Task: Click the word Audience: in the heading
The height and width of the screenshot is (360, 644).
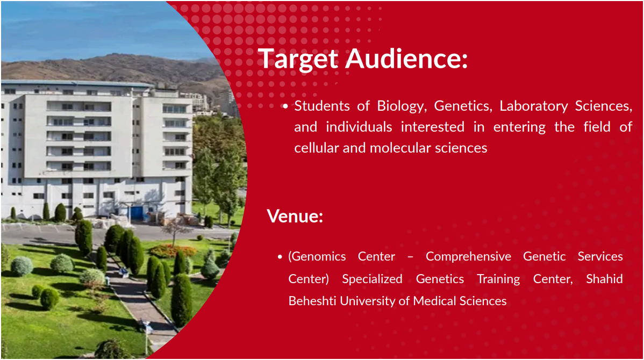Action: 406,58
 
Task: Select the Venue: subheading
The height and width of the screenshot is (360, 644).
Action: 295,216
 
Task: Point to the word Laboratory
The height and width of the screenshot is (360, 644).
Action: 533,106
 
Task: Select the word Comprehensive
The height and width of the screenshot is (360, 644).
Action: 468,256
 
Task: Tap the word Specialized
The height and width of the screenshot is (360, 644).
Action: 372,279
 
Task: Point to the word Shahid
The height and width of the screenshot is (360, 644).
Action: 604,279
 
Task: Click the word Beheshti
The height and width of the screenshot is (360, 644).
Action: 312,301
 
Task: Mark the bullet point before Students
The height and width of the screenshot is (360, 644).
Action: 285,107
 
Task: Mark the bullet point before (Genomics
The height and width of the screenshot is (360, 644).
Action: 280,257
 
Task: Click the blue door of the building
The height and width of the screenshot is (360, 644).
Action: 137,213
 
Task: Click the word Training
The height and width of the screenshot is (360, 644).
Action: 498,279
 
